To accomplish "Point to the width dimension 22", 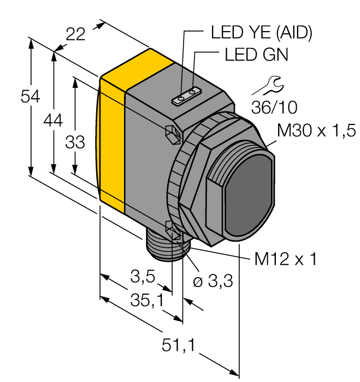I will [76, 34].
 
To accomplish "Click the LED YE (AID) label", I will [261, 33].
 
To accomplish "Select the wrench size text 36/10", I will [272, 108].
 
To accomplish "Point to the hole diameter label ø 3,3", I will [214, 282].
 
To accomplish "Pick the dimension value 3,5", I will [142, 279].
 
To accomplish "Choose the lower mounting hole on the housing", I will [170, 229].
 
